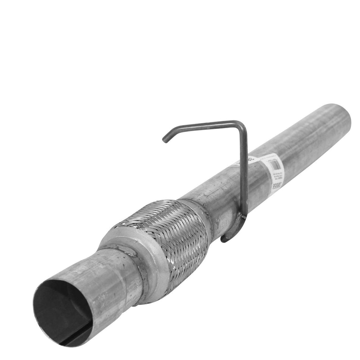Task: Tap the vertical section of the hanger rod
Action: [244, 171]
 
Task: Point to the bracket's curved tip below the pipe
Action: [225, 239]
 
